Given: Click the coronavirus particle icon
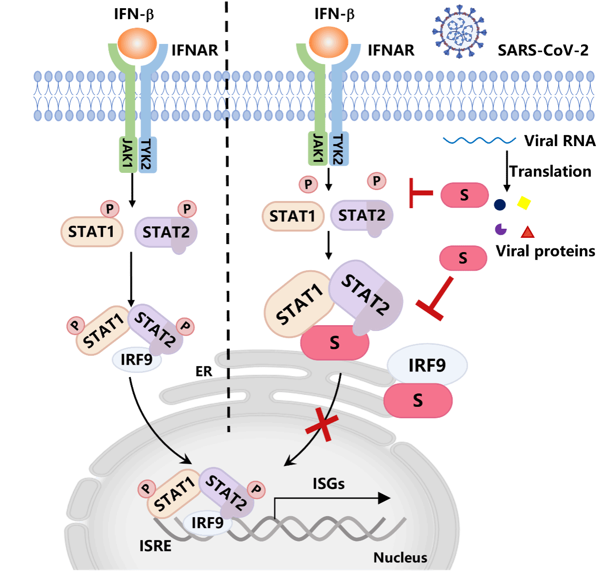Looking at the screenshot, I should point(459,31).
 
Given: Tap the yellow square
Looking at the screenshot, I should point(524,203).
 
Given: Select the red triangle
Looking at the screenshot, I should point(528,232).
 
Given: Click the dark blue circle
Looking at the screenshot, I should point(500,205).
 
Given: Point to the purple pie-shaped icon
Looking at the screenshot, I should point(500,229).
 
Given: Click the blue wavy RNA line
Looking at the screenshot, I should point(479,140).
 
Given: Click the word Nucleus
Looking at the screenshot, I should point(400,557).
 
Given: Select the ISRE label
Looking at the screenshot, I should point(155,545).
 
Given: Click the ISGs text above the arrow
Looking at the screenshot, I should point(328,484).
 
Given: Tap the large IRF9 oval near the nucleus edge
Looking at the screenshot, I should point(427,365).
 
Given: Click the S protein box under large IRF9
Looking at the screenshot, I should point(418,400).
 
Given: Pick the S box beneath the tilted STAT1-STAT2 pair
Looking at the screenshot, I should point(335,342).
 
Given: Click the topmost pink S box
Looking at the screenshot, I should point(464,195).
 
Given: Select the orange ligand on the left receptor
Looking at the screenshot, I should point(137,43).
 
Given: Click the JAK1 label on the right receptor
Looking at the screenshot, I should point(318,149).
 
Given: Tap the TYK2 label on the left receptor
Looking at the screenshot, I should point(147,155).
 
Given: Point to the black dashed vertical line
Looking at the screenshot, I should point(229,392).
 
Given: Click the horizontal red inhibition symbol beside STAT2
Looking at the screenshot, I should point(421,193).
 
